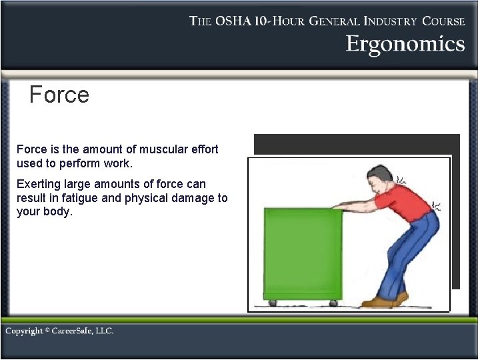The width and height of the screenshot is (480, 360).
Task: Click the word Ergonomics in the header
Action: coord(405,44)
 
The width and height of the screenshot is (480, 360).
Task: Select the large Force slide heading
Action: coord(59,95)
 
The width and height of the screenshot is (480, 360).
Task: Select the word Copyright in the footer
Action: coord(25,331)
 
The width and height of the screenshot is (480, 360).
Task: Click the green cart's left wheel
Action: coord(272,303)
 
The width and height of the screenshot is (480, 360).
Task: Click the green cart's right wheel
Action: coord(333,303)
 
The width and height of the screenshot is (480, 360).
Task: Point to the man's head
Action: coord(382,181)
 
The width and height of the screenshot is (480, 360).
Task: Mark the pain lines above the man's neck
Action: coord(403,179)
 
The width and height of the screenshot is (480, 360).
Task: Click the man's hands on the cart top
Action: coord(339,208)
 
